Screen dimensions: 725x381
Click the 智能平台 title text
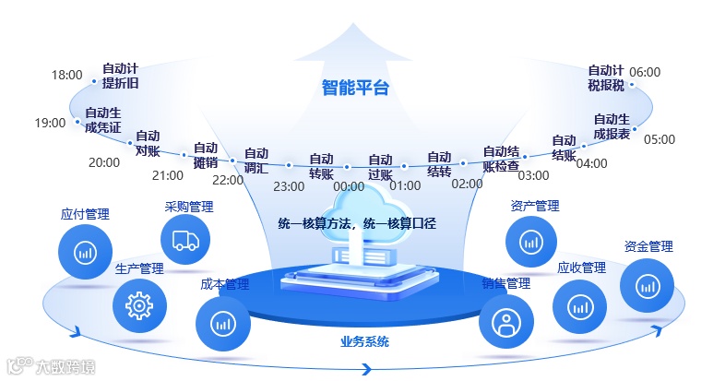pyautogui.click(x=356, y=89)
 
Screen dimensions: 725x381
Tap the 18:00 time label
pyautogui.click(x=66, y=75)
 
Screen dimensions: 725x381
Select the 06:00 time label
pyautogui.click(x=645, y=72)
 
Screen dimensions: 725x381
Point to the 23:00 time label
pyautogui.click(x=289, y=186)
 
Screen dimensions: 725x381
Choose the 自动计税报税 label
pyautogui.click(x=606, y=77)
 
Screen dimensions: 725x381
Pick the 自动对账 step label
pyautogui.click(x=148, y=143)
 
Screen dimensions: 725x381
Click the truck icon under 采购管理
pyautogui.click(x=185, y=242)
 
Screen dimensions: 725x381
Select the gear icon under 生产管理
pyautogui.click(x=139, y=304)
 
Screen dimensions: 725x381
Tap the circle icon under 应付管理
pyautogui.click(x=85, y=252)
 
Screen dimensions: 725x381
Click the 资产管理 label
pyautogui.click(x=534, y=206)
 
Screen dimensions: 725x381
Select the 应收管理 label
pyautogui.click(x=581, y=268)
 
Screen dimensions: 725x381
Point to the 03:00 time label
pyautogui.click(x=532, y=175)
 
